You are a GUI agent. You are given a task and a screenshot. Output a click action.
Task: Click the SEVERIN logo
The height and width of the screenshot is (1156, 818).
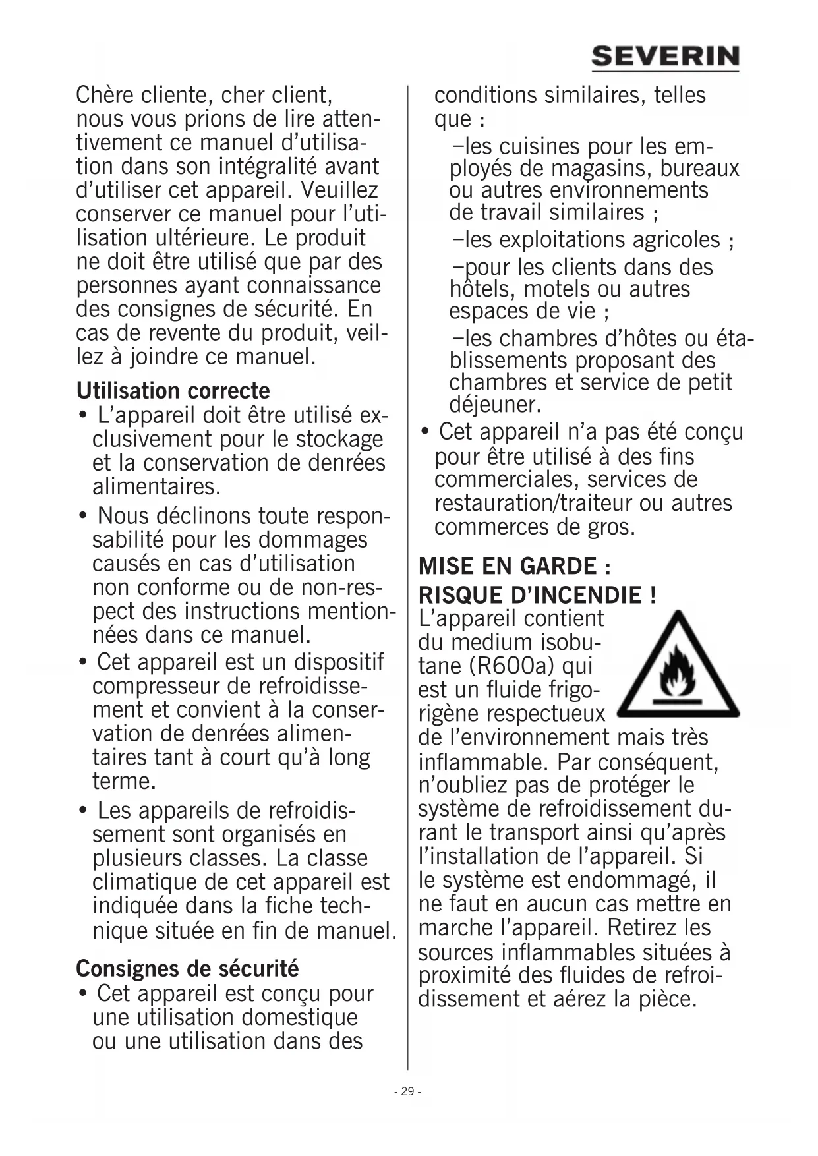664,57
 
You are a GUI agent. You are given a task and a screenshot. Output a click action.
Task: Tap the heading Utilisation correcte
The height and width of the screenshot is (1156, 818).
173,391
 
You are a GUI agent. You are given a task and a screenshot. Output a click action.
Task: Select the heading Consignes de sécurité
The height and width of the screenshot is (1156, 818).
187,969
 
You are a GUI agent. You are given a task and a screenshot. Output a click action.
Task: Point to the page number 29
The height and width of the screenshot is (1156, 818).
407,1091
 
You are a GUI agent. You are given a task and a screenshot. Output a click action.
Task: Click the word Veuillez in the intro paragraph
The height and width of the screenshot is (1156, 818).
339,190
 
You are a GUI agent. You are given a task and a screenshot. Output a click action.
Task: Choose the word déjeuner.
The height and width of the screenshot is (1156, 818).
495,404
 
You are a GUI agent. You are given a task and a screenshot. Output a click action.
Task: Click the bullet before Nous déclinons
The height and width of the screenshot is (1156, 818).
83,515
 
